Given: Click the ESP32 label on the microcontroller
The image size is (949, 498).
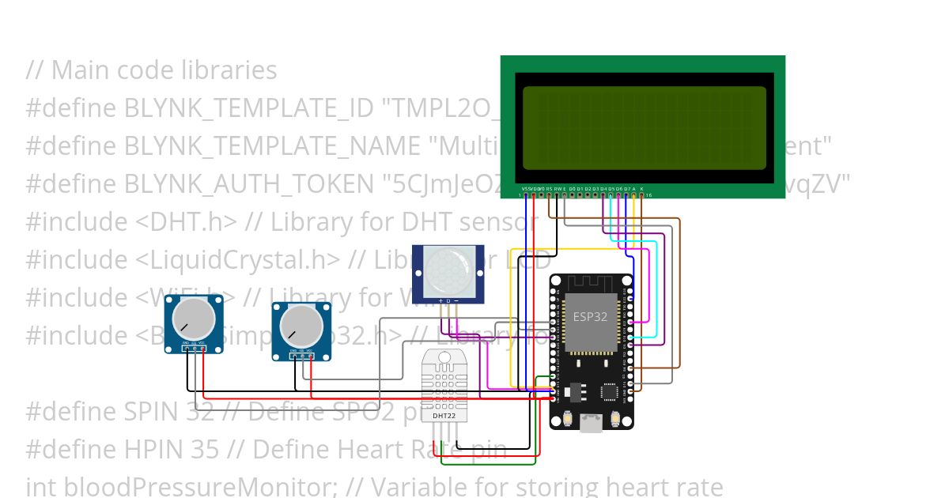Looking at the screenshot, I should coord(591,316).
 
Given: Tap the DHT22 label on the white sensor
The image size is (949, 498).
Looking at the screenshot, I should coord(444,414).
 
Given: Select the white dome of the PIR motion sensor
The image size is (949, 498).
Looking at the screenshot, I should coord(448,271).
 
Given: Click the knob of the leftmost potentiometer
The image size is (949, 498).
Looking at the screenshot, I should coord(194,319).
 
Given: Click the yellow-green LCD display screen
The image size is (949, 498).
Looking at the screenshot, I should coord(644,128).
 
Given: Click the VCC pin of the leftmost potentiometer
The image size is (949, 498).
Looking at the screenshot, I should coord(203,349).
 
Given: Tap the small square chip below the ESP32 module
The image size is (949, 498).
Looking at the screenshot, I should coord(609,392).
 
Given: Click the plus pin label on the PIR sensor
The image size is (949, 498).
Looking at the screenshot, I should coord(440,301).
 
